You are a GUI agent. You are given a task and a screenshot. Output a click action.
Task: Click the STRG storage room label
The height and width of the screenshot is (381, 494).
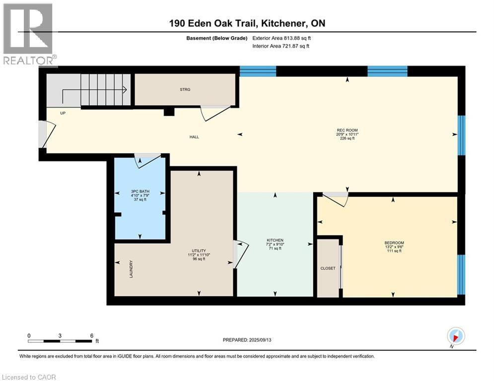[x=185, y=89]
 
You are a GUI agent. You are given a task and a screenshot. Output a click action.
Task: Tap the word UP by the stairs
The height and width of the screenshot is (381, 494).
[x=63, y=113]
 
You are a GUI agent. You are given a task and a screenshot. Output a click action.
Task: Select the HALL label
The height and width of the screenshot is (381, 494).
[x=194, y=137]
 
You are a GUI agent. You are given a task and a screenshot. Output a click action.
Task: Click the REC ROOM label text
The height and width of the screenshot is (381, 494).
[x=347, y=130]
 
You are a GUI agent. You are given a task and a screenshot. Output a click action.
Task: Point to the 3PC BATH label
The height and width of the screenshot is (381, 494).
[x=140, y=191]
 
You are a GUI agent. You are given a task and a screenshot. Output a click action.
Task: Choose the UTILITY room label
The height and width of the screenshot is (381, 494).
[x=199, y=251]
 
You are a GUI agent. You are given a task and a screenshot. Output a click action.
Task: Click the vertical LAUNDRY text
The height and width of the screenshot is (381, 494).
[x=131, y=269]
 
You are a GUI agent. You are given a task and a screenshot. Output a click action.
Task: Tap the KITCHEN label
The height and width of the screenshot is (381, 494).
[x=275, y=240]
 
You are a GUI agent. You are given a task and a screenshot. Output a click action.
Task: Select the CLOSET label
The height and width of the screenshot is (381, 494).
[x=328, y=268]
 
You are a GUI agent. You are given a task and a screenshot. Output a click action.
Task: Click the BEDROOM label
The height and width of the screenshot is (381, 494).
[x=394, y=243]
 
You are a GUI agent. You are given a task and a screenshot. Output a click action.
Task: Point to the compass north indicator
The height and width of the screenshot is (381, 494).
[x=456, y=337]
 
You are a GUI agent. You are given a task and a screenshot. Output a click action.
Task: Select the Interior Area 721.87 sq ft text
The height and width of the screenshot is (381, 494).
[x=281, y=46]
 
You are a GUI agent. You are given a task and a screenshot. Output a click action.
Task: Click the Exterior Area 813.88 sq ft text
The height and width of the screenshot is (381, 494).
[x=282, y=38]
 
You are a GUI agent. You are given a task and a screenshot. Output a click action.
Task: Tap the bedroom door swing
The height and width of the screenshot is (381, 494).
[x=335, y=199]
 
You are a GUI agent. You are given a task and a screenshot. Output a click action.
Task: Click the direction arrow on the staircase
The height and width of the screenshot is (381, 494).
[x=94, y=91]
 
